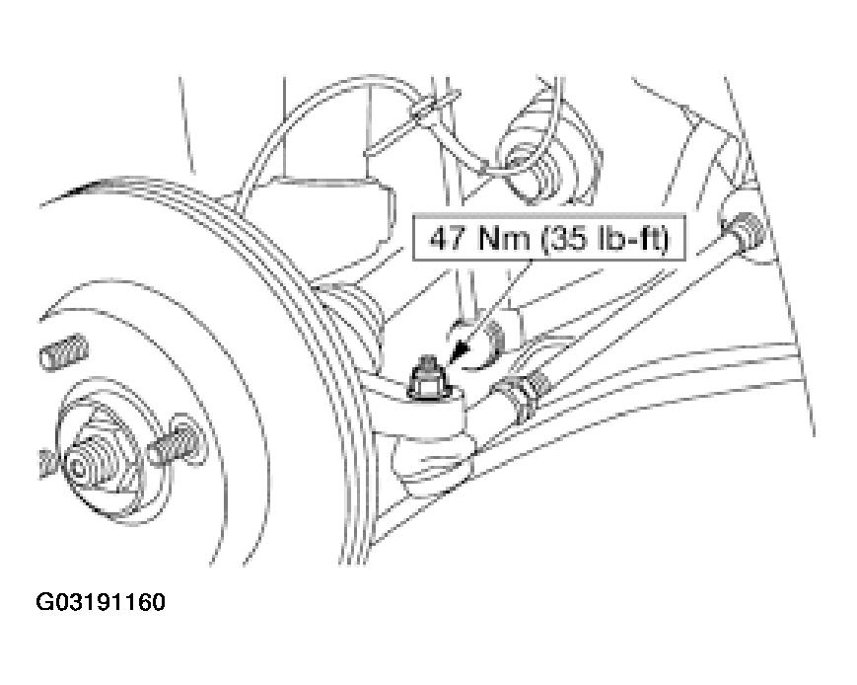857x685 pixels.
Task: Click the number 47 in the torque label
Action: (x=448, y=239)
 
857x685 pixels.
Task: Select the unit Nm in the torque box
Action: (x=503, y=239)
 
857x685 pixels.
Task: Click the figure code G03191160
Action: (x=101, y=602)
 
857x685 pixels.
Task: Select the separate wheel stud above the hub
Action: (x=64, y=351)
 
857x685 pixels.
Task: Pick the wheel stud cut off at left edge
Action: (x=48, y=465)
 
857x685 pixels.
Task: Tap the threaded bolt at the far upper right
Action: (x=744, y=231)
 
